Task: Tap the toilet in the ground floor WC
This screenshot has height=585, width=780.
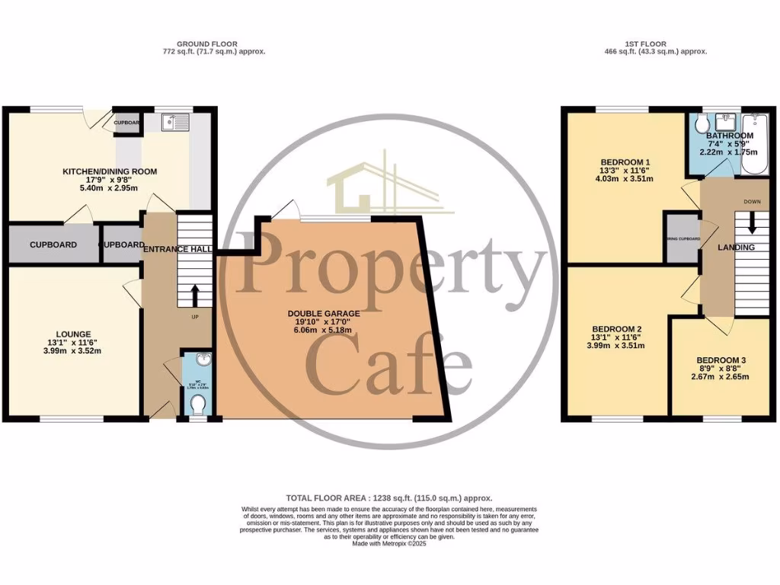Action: coord(199,402)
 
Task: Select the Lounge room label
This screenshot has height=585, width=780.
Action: coord(74,334)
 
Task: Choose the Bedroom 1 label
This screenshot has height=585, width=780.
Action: coord(625,162)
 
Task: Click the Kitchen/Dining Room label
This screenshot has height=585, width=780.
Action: coord(110,171)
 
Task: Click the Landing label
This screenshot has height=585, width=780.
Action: coord(736,248)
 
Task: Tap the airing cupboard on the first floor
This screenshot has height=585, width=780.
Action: coord(682,239)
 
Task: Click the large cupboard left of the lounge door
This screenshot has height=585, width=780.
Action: coord(53,245)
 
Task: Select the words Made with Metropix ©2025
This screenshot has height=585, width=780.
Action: coord(389,543)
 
